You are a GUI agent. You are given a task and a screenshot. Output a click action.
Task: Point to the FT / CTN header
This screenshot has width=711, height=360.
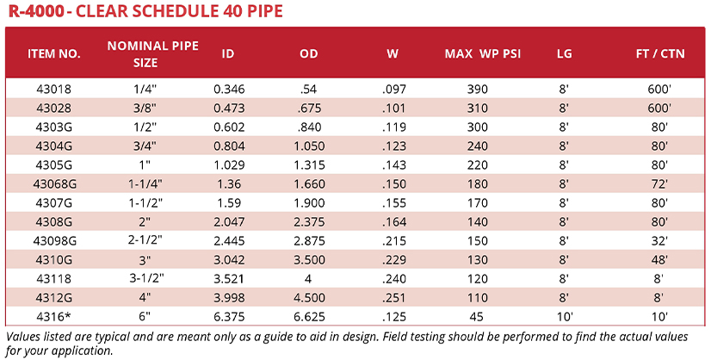tap(658, 53)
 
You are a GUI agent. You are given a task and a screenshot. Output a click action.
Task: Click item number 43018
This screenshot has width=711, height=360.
tap(54, 89)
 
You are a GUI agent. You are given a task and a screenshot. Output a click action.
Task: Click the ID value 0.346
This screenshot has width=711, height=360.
tap(228, 89)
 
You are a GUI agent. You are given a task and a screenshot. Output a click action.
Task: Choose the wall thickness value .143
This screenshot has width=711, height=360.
tap(393, 164)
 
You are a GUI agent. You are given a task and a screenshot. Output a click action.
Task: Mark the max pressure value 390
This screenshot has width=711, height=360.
tap(479, 89)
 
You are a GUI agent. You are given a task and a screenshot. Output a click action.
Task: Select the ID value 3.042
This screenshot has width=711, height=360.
tap(228, 258)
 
